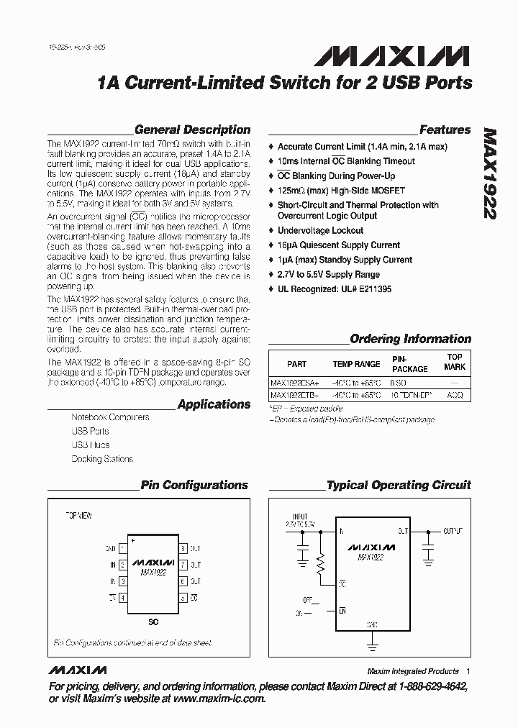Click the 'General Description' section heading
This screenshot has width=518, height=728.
[192, 130]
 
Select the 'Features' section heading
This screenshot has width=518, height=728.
[445, 130]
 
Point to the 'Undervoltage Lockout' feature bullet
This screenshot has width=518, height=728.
[320, 231]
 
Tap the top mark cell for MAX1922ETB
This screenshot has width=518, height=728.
[455, 396]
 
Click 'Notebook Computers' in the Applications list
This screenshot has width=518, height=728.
[110, 417]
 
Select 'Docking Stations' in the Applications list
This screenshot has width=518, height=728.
[102, 459]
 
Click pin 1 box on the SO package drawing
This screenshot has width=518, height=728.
[123, 549]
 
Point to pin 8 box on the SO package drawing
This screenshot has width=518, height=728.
[183, 549]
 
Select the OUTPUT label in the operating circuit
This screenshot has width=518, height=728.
[453, 531]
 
